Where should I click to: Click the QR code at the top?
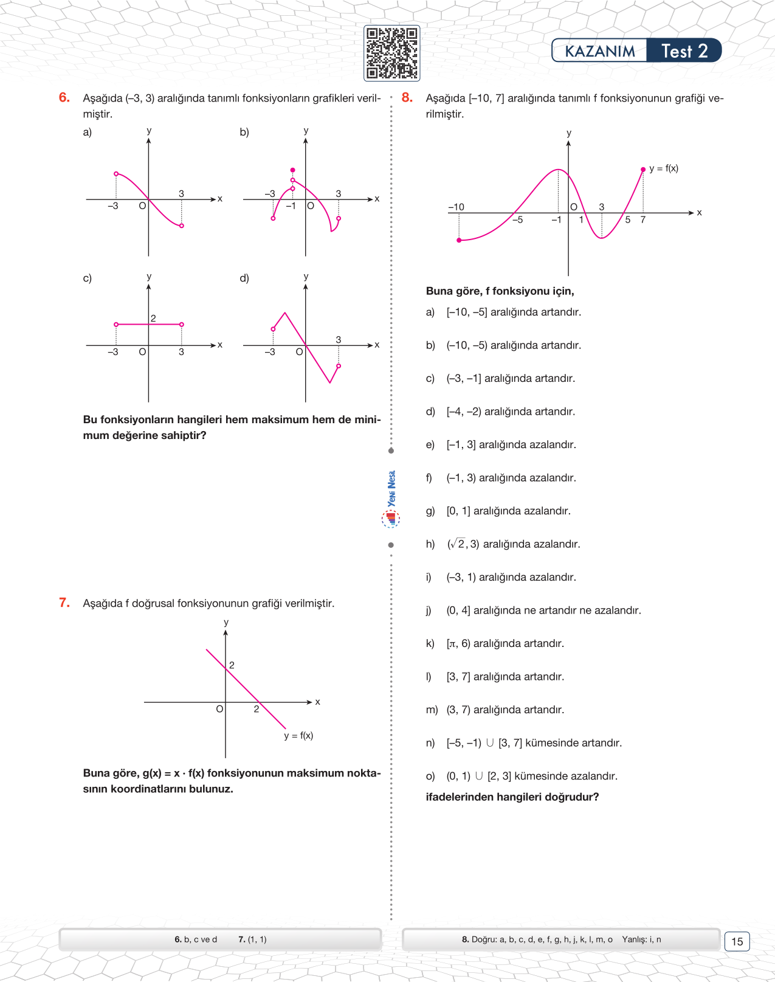coord(391,54)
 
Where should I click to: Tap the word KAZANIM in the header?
coord(599,52)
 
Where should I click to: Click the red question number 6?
coord(64,97)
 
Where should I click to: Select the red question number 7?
coord(64,603)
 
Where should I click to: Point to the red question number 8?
coord(407,97)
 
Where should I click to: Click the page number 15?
coord(737,941)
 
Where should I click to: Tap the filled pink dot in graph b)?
coord(292,170)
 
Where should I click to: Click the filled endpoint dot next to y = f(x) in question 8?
coord(643,170)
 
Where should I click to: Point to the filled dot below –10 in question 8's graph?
coord(459,240)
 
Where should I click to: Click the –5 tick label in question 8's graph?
coord(517,220)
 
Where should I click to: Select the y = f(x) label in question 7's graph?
coord(298,736)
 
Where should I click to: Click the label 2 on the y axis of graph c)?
coord(153,318)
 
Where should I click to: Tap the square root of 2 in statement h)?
coord(457,544)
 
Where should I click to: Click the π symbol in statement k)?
coord(453,643)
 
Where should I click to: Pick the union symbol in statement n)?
coord(490,742)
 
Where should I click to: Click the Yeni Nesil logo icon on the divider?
coord(391,518)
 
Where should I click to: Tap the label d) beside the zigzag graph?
coord(244,278)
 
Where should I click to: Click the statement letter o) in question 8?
coord(430,776)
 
